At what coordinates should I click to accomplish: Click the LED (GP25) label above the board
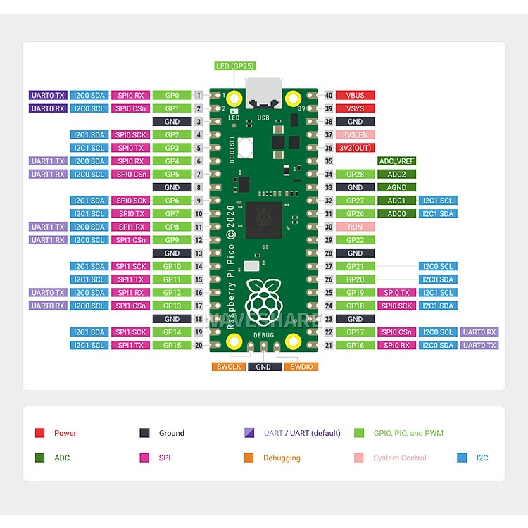coord(235,66)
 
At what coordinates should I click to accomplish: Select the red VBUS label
coord(355,95)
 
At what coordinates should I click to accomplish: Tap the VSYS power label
coord(355,108)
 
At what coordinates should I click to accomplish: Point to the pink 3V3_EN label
coord(355,134)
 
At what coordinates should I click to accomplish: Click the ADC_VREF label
coord(396,161)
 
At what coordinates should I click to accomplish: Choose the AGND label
coord(396,187)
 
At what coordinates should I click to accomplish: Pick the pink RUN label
coord(355,227)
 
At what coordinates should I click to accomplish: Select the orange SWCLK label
coord(229,367)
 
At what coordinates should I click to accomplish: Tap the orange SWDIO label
coord(301,367)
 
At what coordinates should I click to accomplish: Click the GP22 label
coord(355,240)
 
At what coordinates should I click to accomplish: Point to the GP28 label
coord(355,174)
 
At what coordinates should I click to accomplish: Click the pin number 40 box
coord(329,95)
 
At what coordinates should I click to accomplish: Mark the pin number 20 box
coord(199,345)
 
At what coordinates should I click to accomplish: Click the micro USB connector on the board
coord(264,93)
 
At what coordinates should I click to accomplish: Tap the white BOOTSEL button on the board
coord(246,148)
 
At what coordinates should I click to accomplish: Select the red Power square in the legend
coord(39,433)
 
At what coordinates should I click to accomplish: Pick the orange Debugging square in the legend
coord(249,458)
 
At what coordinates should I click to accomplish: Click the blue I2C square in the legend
coord(462,458)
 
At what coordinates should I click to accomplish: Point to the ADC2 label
coord(396,174)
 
